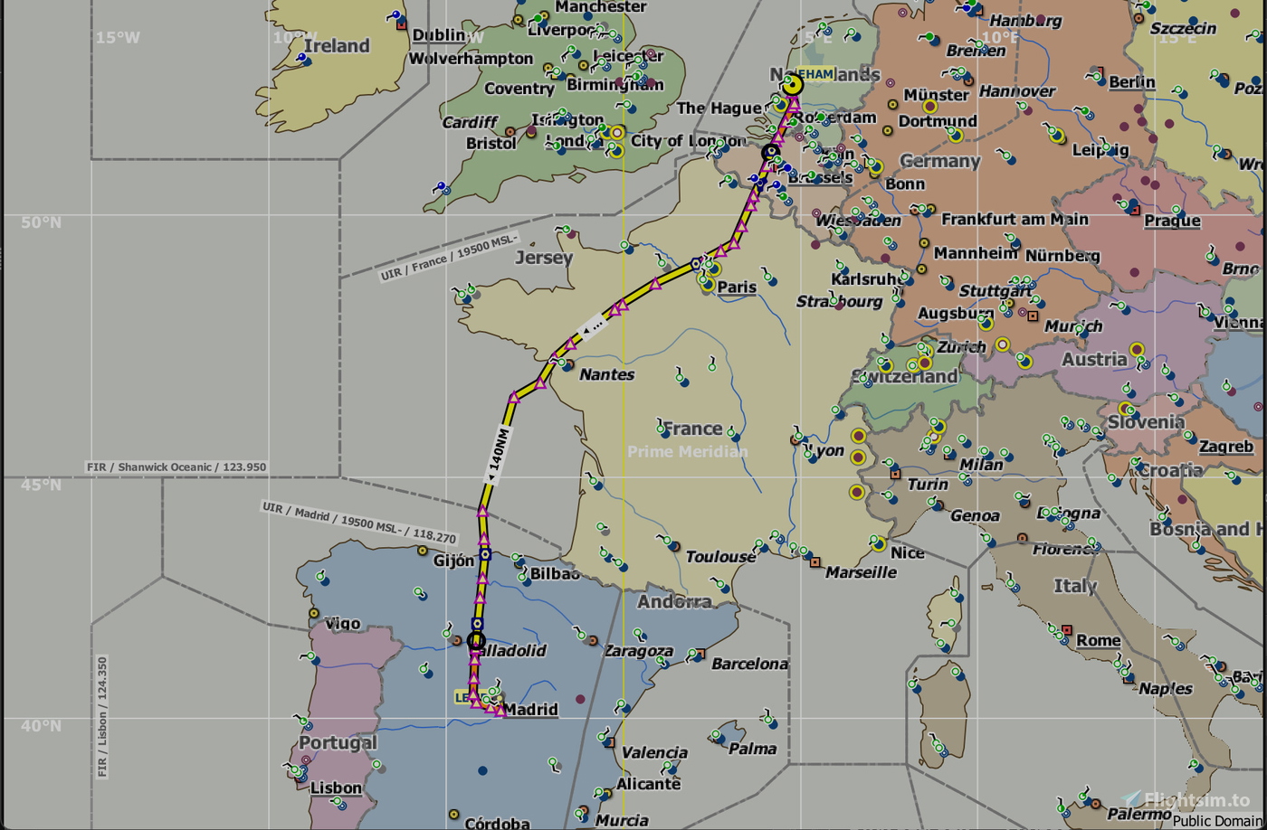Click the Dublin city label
point(439,35)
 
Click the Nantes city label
point(606,374)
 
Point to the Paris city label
point(737,288)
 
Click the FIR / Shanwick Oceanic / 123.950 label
point(176,467)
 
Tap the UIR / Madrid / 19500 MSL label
point(359,522)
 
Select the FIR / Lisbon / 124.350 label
point(102,717)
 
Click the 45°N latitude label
point(42,486)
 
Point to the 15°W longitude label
point(119,38)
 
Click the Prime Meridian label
point(688,451)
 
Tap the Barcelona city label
point(749,664)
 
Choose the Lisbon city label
point(336,788)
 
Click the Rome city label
point(1098,640)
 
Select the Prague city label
point(1172,221)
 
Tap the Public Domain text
point(1218,820)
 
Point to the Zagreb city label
point(1226,446)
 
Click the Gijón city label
point(453,561)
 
